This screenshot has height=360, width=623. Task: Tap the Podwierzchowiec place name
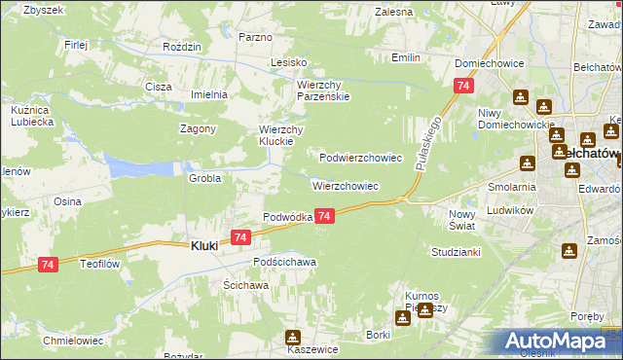coord(361,157)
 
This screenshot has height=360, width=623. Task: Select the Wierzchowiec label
coord(345,185)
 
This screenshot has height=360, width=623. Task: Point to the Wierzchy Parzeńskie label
coord(323,90)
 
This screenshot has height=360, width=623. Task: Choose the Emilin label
coord(406,58)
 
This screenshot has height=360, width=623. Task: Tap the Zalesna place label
coord(394,12)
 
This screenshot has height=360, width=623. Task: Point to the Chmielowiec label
coord(68,341)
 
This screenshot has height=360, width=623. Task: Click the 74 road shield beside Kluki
coord(241,236)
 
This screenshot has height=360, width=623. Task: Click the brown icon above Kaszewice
coord(292,338)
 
